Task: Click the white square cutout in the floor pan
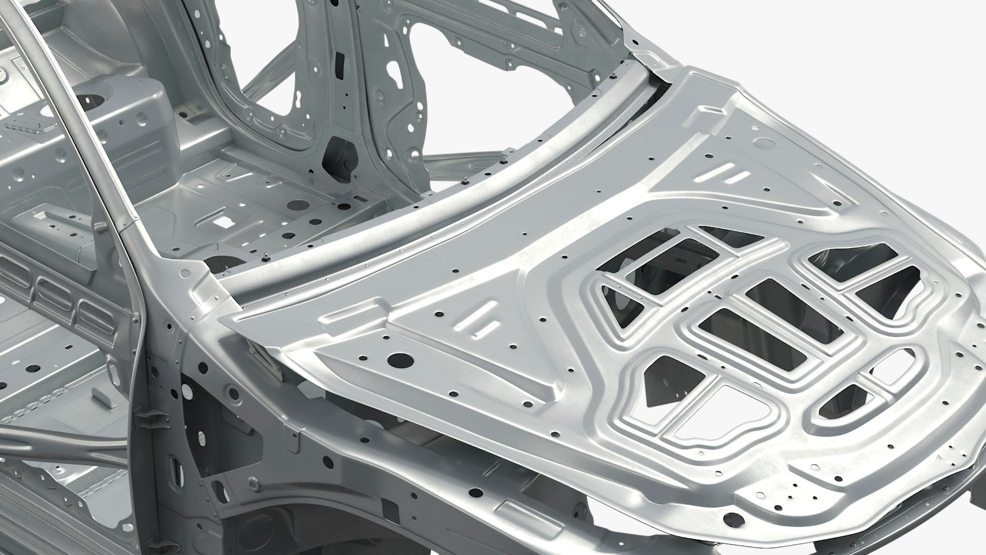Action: coord(222,221)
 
